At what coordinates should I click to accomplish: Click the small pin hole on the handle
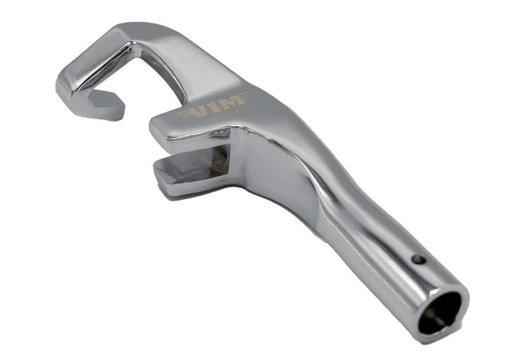(x=419, y=259)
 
